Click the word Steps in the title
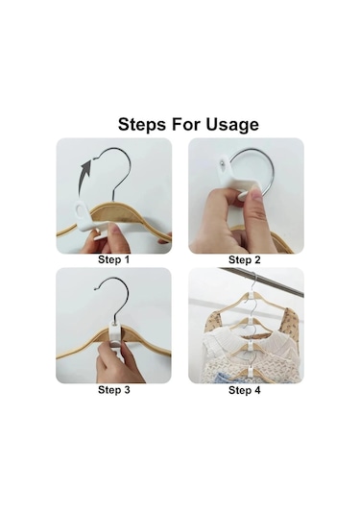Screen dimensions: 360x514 (142, 125)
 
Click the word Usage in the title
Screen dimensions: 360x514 (232, 125)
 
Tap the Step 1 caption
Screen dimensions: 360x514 (113, 260)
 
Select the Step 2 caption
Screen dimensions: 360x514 (245, 260)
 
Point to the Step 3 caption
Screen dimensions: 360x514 (113, 390)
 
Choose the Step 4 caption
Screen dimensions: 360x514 (245, 390)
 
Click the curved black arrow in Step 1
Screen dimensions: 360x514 (84, 177)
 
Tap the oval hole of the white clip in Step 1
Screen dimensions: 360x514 (80, 208)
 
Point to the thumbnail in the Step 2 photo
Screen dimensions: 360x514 (257, 196)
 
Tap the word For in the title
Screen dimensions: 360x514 (186, 125)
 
